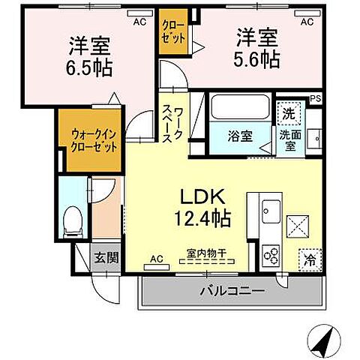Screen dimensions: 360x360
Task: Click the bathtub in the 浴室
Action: [238, 106]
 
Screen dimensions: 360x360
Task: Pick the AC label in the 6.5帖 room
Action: [139, 22]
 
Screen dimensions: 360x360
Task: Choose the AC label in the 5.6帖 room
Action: [306, 22]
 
